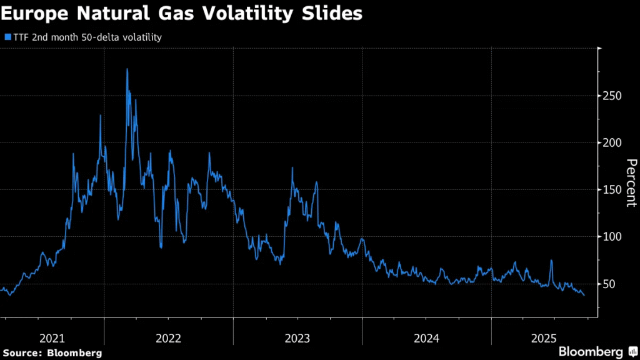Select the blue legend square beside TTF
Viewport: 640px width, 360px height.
click(7, 37)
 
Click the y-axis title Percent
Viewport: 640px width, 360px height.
click(631, 182)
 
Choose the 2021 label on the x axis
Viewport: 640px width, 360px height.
click(52, 338)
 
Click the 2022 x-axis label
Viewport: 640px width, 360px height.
click(168, 338)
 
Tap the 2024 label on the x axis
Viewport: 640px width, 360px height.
click(426, 338)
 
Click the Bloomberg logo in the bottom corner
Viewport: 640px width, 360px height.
click(591, 351)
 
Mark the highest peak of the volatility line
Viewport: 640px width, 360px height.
click(127, 69)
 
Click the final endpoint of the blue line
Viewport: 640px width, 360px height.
click(584, 295)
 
